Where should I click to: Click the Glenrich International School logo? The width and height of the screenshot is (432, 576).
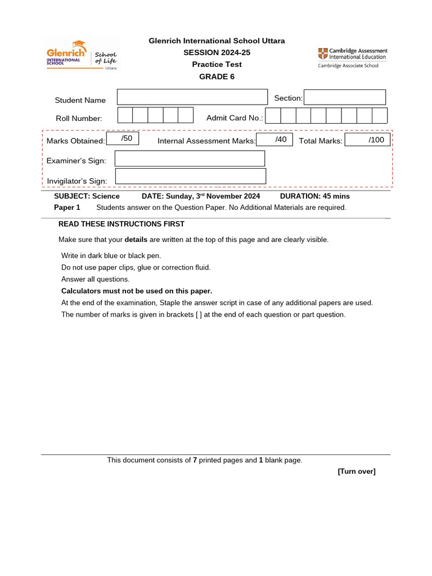pos(81,55)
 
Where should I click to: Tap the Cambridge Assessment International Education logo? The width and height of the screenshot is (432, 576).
pos(352,57)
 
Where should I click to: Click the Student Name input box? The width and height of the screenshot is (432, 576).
pos(192,97)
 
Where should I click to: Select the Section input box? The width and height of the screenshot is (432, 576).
pos(345,97)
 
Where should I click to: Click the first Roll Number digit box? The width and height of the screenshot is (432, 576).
pos(125,115)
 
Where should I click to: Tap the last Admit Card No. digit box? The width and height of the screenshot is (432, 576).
pos(380,116)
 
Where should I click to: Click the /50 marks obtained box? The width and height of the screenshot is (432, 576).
pos(122,138)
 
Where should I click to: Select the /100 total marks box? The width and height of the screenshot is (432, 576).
pos(368,139)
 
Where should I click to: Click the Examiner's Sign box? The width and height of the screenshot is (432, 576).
pos(190,159)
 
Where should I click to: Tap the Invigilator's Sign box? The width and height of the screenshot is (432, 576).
pos(190,177)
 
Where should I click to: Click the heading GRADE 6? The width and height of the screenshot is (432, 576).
pos(217,76)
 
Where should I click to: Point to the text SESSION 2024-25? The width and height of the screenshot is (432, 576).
pos(217,52)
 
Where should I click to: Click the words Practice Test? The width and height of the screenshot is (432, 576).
pos(217,64)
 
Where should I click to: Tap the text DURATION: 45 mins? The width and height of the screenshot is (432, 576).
pos(314,196)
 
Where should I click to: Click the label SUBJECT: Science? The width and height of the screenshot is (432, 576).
pos(87,196)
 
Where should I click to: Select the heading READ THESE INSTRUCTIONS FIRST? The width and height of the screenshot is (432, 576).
pos(121,224)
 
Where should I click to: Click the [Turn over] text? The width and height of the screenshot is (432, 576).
pos(356,471)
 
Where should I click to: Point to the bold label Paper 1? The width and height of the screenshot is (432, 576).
pos(67,207)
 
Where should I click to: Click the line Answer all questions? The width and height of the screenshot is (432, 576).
pos(95,279)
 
